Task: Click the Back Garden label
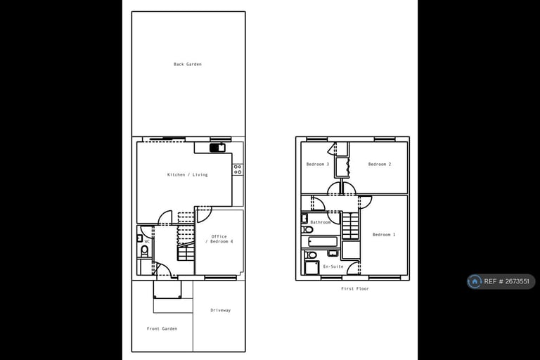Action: pos(188,64)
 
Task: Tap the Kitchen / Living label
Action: pos(187,174)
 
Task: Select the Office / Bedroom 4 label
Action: pos(219,239)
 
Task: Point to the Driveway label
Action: pos(220,310)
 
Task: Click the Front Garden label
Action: pos(162,328)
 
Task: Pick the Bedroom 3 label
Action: pos(318,164)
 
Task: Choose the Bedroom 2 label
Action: pos(380,164)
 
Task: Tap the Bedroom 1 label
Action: pos(384,234)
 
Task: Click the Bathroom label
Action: pos(321,222)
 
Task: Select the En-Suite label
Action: pos(333,266)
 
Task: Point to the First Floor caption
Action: pos(355,288)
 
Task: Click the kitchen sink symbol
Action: pos(217,148)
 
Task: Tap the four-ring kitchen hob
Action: pos(238,169)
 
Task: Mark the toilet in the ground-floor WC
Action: pos(145,250)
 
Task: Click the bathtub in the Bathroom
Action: pos(323,241)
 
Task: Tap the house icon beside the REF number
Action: pos(475,281)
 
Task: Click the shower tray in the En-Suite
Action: pos(311,267)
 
